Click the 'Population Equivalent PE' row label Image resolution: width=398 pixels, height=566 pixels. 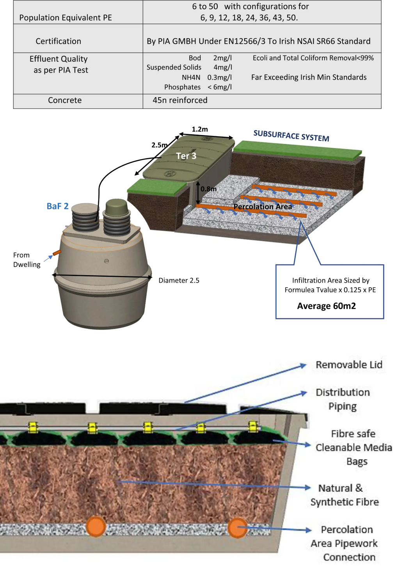[66, 18]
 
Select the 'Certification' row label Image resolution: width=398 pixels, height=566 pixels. [59, 41]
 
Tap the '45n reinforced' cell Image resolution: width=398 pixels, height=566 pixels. [180, 100]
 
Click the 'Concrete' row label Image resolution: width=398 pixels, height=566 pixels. [65, 100]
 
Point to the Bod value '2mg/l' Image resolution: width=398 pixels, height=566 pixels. [222, 58]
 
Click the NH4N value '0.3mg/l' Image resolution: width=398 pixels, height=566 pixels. [219, 77]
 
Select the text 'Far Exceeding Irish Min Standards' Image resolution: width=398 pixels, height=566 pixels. [309, 77]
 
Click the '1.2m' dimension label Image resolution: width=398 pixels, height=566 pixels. [200, 129]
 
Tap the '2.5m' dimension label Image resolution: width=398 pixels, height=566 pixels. [159, 145]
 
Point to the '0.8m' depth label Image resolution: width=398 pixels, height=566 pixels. [208, 189]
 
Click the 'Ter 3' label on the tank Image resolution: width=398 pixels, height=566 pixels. [186, 156]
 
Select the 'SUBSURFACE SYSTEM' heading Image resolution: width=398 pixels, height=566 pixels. [291, 136]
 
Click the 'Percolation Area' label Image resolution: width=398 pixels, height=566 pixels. [263, 206]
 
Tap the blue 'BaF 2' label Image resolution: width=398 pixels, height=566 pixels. [57, 206]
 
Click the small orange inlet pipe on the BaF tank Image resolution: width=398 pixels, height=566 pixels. [57, 253]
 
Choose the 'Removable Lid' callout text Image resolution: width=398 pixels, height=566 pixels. [349, 365]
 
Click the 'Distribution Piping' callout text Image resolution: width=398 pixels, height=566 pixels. [343, 399]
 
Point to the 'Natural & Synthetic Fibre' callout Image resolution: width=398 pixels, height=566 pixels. [344, 495]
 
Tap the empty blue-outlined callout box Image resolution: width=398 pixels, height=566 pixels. [330, 292]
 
